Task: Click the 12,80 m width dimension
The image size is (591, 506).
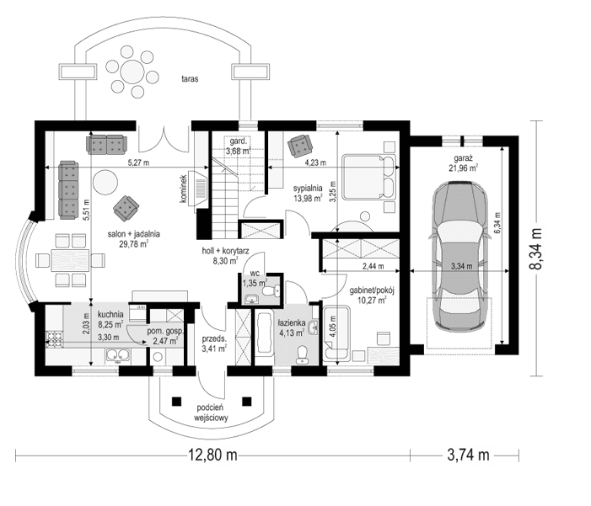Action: click(211, 455)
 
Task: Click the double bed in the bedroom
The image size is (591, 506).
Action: click(367, 176)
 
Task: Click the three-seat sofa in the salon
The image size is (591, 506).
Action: click(67, 189)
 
